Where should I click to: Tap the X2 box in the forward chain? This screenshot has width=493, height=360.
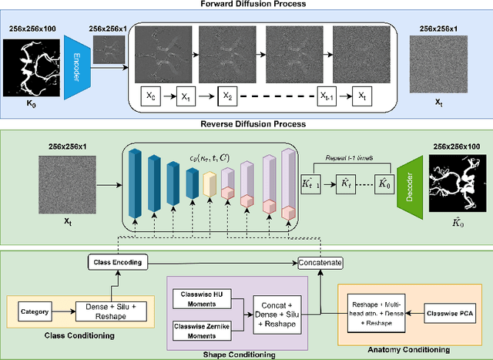coord(226,97)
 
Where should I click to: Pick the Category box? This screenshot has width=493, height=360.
coord(34,312)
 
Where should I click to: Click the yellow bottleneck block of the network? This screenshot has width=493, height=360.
coord(209,185)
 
